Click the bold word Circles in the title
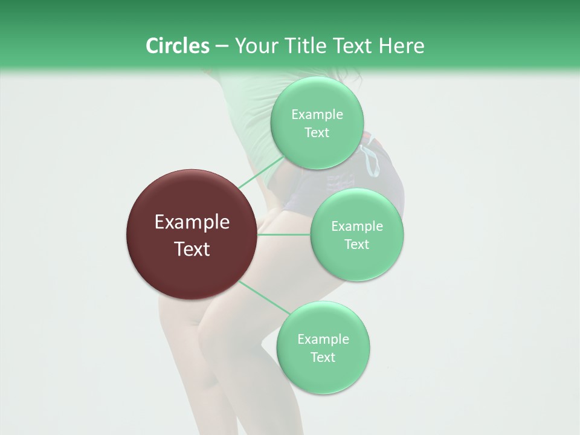coord(177,46)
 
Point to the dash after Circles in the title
coord(221,47)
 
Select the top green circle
coord(317,123)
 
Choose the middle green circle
coord(357,234)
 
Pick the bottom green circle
coord(323,347)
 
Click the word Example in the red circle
coord(192,222)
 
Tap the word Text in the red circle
coord(192,249)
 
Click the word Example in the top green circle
coord(317,115)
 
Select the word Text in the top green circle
coord(317,132)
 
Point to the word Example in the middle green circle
coord(357,226)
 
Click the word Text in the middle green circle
coord(356,244)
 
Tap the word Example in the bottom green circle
coord(323,339)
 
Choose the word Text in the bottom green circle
coord(323,357)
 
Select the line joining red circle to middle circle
coord(284,234)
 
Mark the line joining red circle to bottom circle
coord(264,297)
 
